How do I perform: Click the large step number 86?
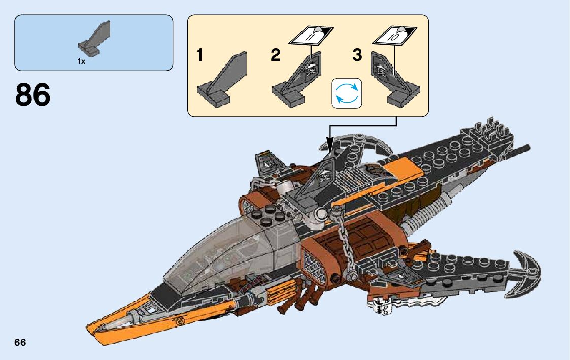33,95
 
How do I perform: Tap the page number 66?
20,342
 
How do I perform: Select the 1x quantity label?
81,61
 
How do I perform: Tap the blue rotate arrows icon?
347,93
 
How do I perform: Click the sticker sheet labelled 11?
311,35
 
